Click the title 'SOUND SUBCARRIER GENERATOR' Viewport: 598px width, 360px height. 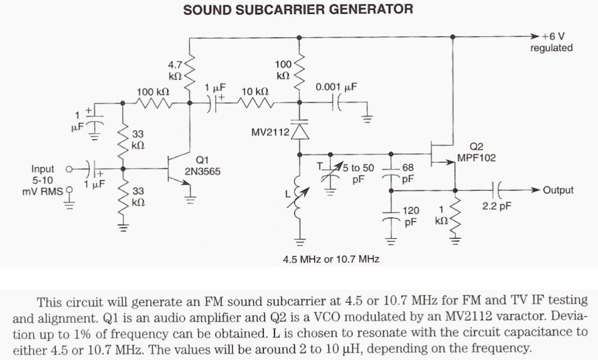(x=298, y=9)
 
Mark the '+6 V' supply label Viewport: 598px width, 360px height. (x=553, y=36)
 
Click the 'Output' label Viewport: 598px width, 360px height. (x=558, y=190)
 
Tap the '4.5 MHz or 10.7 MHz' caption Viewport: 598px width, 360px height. (x=332, y=259)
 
